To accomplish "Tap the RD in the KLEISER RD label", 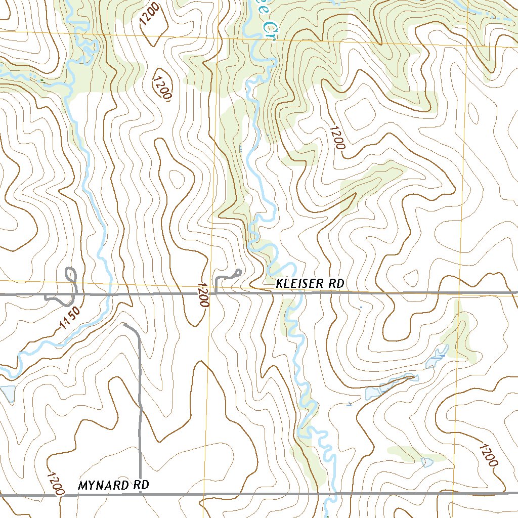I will tap(336, 284).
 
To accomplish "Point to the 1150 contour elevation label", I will tap(70, 318).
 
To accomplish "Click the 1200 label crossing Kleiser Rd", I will tap(203, 294).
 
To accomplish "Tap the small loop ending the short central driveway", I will tap(237, 273).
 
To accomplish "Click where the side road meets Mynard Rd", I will tap(140, 494).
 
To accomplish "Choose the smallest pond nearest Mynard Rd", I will tap(426, 461).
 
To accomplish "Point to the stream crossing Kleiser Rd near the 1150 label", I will tap(107, 293).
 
